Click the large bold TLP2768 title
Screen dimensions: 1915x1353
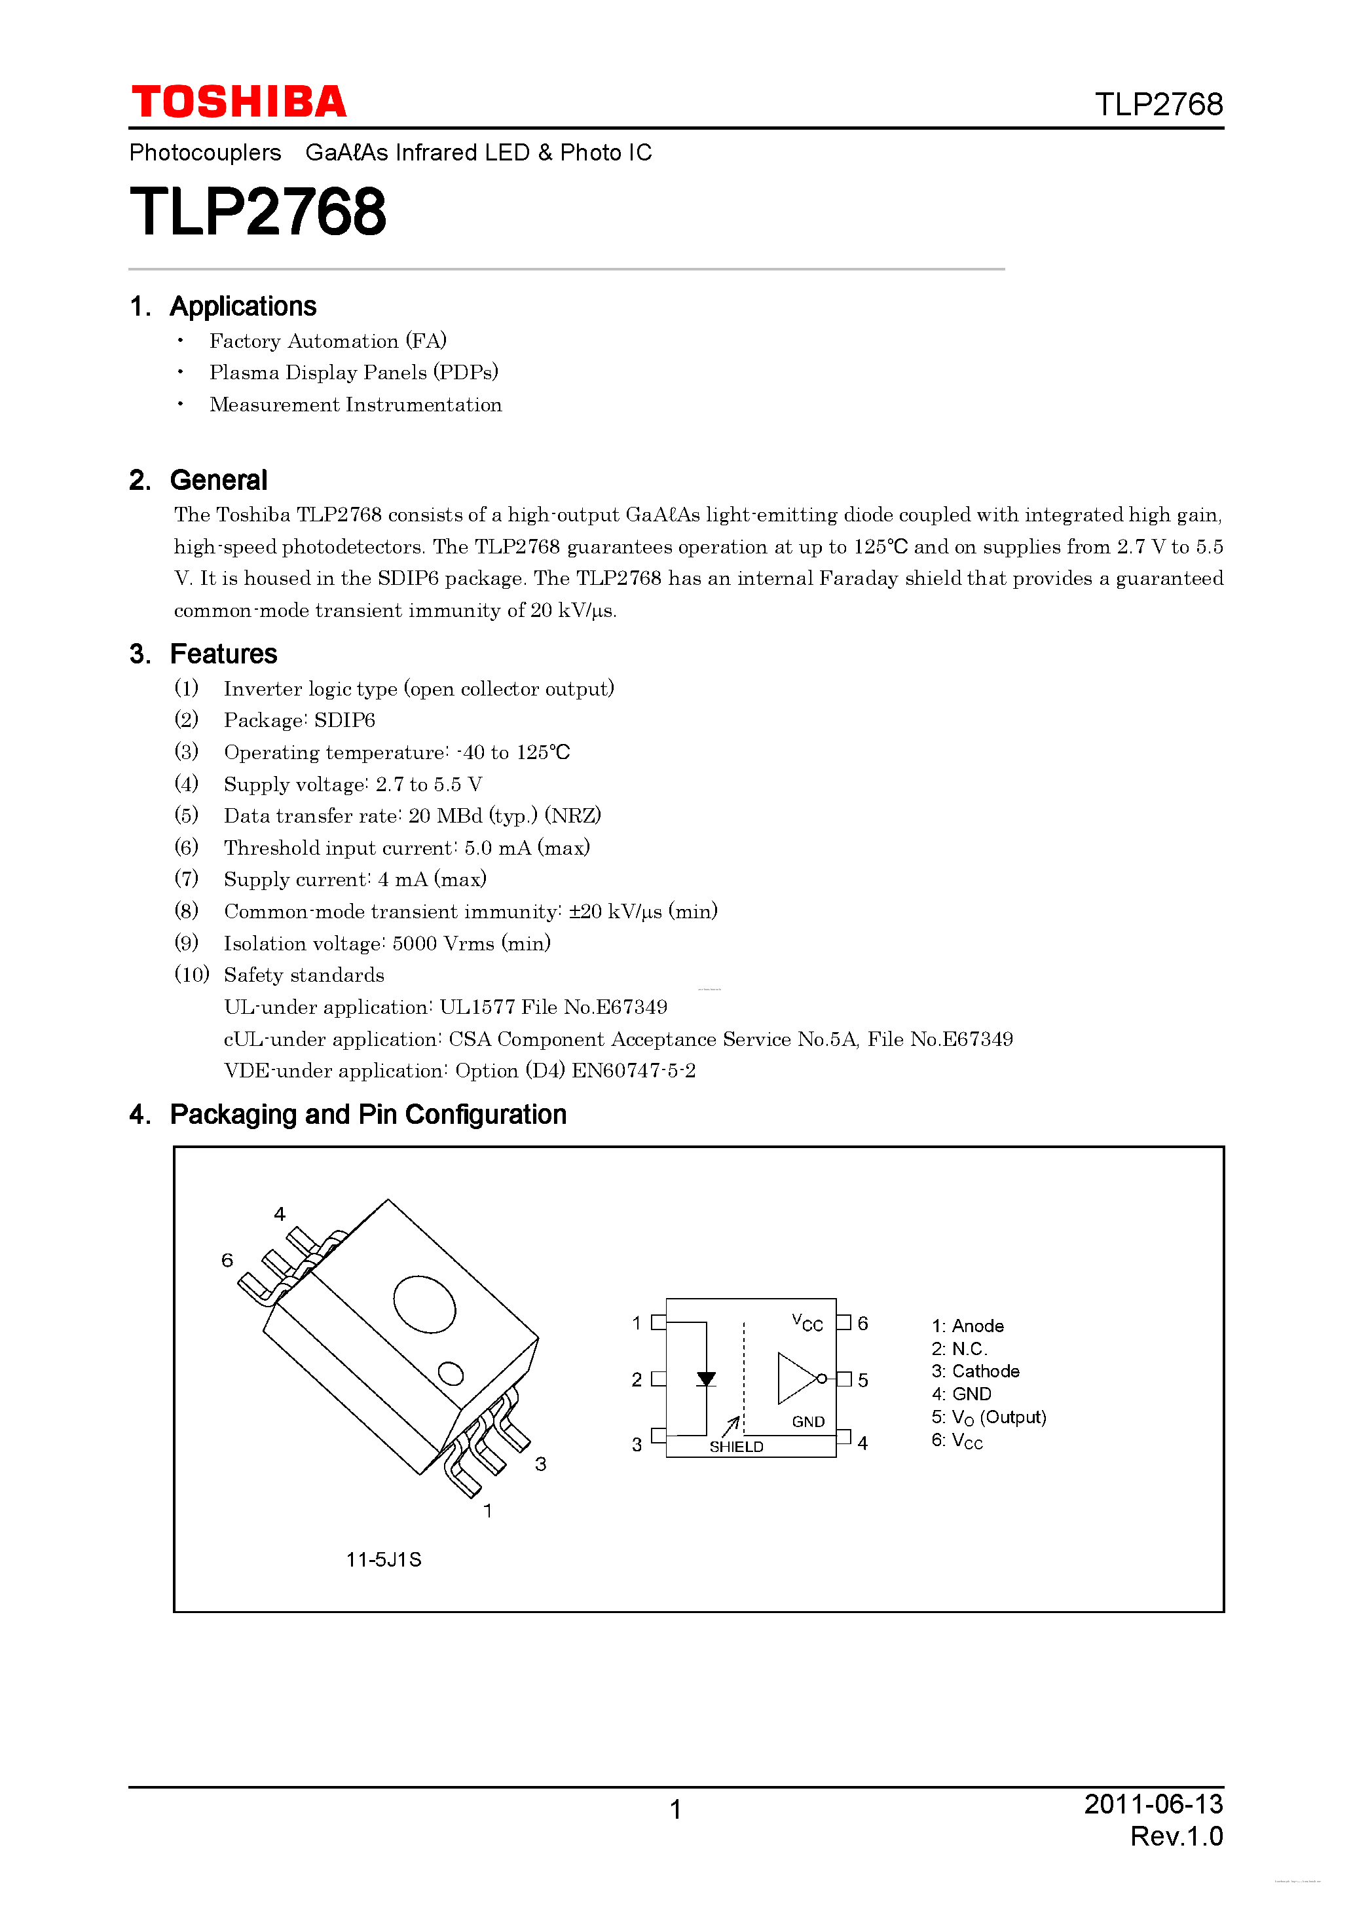[258, 212]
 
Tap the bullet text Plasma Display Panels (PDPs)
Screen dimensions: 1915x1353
[353, 372]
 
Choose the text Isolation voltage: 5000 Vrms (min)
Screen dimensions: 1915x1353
[386, 943]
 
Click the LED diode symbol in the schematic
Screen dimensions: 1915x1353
[706, 1379]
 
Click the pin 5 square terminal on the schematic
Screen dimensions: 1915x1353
[844, 1379]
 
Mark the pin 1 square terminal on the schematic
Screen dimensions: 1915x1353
[658, 1322]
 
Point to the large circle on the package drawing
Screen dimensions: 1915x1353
[424, 1305]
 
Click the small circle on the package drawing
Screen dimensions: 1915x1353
[451, 1373]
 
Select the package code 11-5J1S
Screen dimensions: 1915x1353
[384, 1559]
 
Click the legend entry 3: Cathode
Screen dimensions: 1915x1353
[975, 1371]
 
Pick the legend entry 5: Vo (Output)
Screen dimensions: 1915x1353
[988, 1417]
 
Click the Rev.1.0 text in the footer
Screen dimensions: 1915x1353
[1176, 1836]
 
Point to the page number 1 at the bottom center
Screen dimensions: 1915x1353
[676, 1809]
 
